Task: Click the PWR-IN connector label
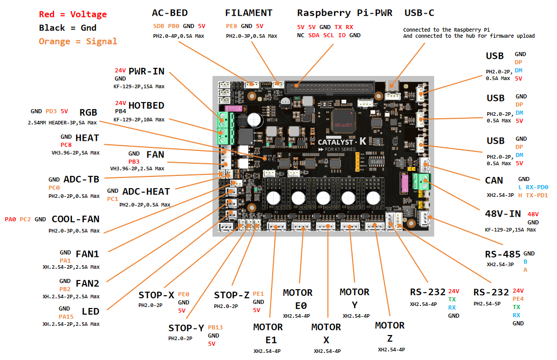coord(146,71)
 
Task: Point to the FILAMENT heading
coord(249,13)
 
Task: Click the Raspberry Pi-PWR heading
coord(344,13)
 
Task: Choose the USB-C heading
coord(419,13)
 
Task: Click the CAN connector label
coord(494,181)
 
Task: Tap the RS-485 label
coord(502,254)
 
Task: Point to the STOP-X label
coord(156,295)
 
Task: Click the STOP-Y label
coord(186,328)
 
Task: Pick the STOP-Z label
coord(231,295)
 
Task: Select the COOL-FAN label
coord(75,219)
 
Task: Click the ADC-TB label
coord(81,179)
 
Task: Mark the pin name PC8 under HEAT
coord(66,145)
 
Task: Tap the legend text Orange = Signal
coord(77,41)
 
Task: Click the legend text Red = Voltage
coord(73,14)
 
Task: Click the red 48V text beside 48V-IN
coord(533,214)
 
